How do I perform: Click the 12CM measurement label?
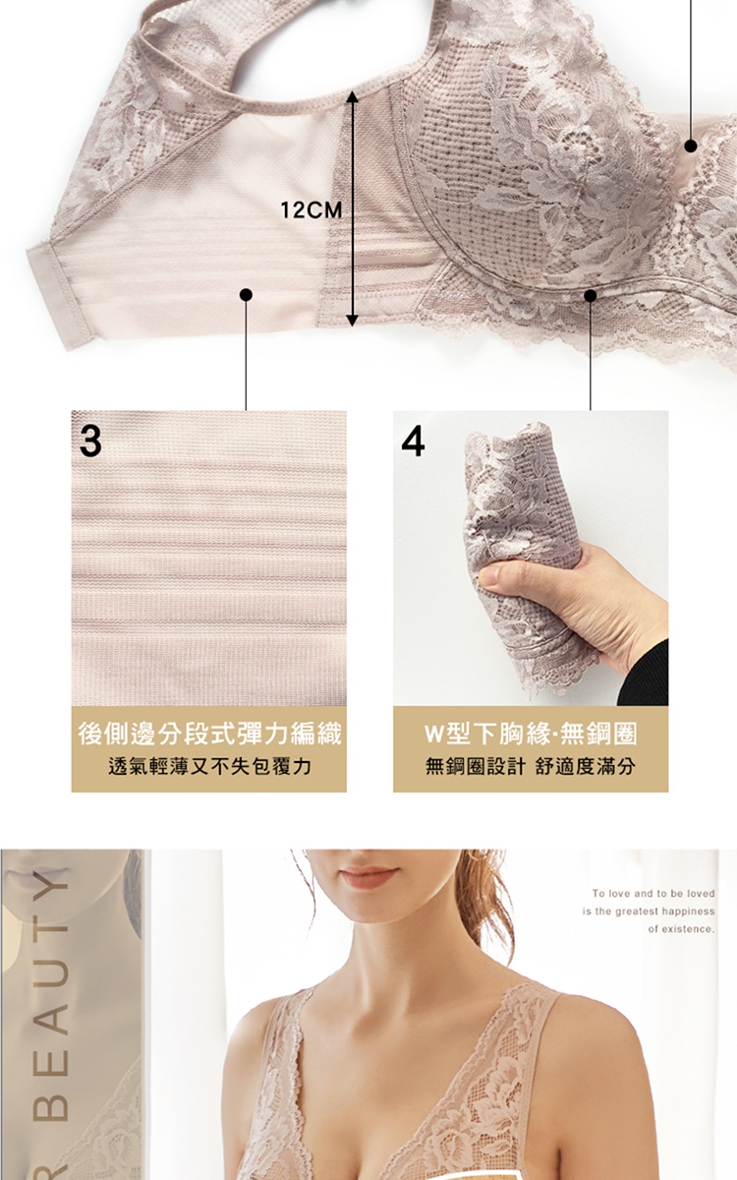(x=312, y=210)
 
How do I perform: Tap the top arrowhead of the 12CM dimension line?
(x=353, y=96)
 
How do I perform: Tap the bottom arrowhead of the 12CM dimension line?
(x=353, y=320)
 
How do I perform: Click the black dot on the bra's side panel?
(x=246, y=294)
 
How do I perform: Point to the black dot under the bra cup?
(x=591, y=296)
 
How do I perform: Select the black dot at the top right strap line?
(x=691, y=146)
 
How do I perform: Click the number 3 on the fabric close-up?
(x=90, y=442)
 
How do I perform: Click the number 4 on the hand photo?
(x=413, y=442)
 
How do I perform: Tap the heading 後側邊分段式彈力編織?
(x=209, y=734)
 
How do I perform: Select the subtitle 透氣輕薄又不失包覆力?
(x=209, y=766)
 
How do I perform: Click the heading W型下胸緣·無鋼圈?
(x=531, y=734)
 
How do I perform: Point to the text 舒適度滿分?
(x=586, y=766)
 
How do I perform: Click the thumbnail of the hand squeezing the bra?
(x=531, y=559)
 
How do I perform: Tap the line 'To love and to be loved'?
(x=653, y=894)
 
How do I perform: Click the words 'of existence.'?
(x=681, y=929)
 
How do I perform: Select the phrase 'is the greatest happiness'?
(x=649, y=912)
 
